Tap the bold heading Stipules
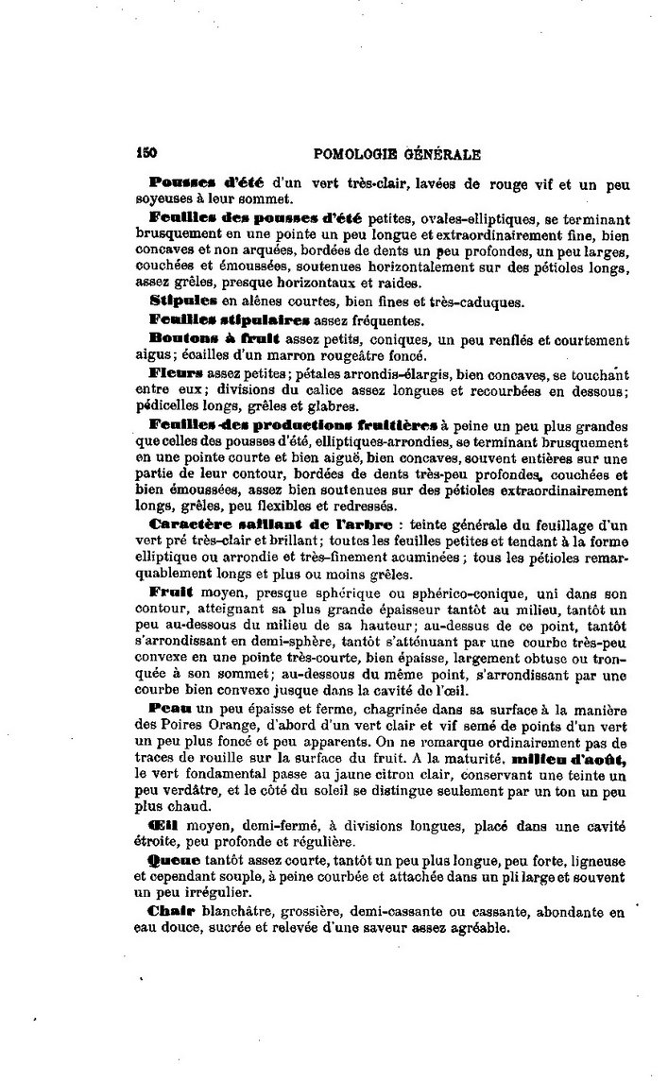tap(180, 302)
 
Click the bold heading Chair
tap(170, 915)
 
